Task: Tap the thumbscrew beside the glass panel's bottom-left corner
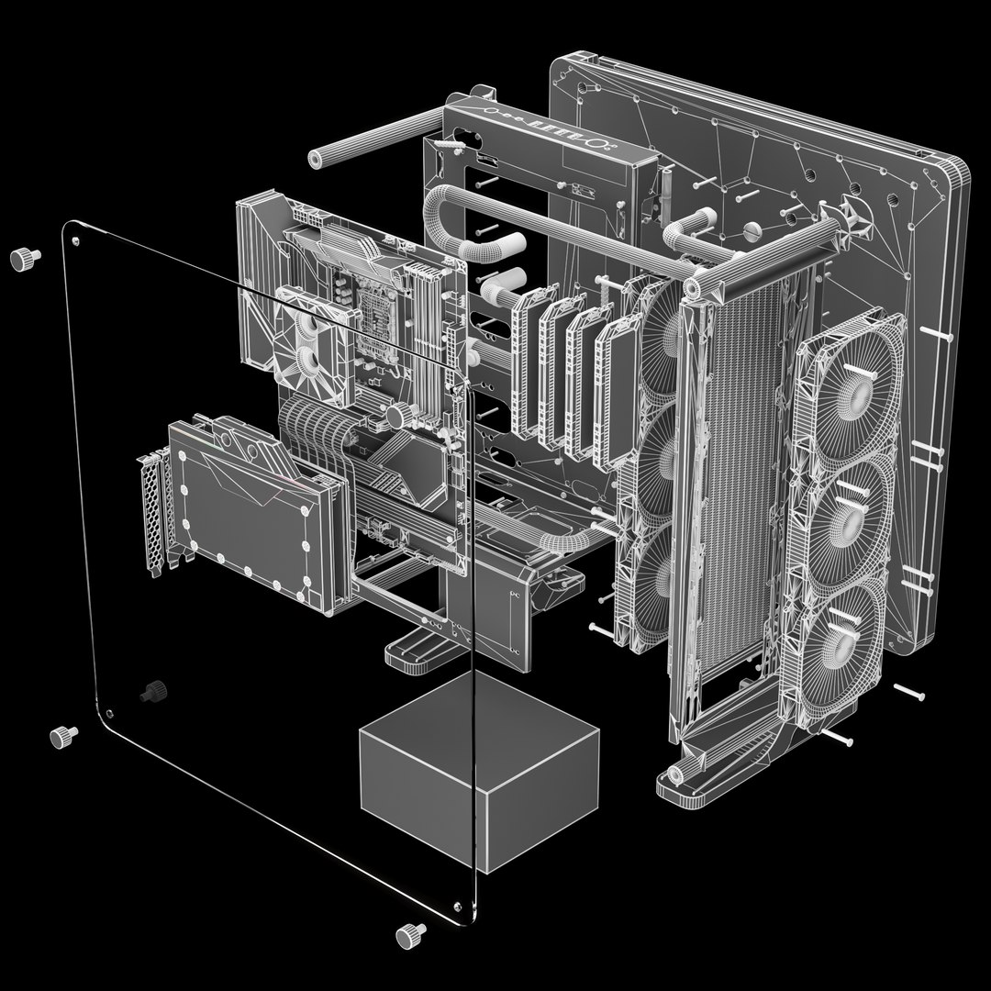click(62, 735)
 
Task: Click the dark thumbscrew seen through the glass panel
click(151, 691)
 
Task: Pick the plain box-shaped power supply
click(477, 771)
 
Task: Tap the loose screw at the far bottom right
click(908, 692)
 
